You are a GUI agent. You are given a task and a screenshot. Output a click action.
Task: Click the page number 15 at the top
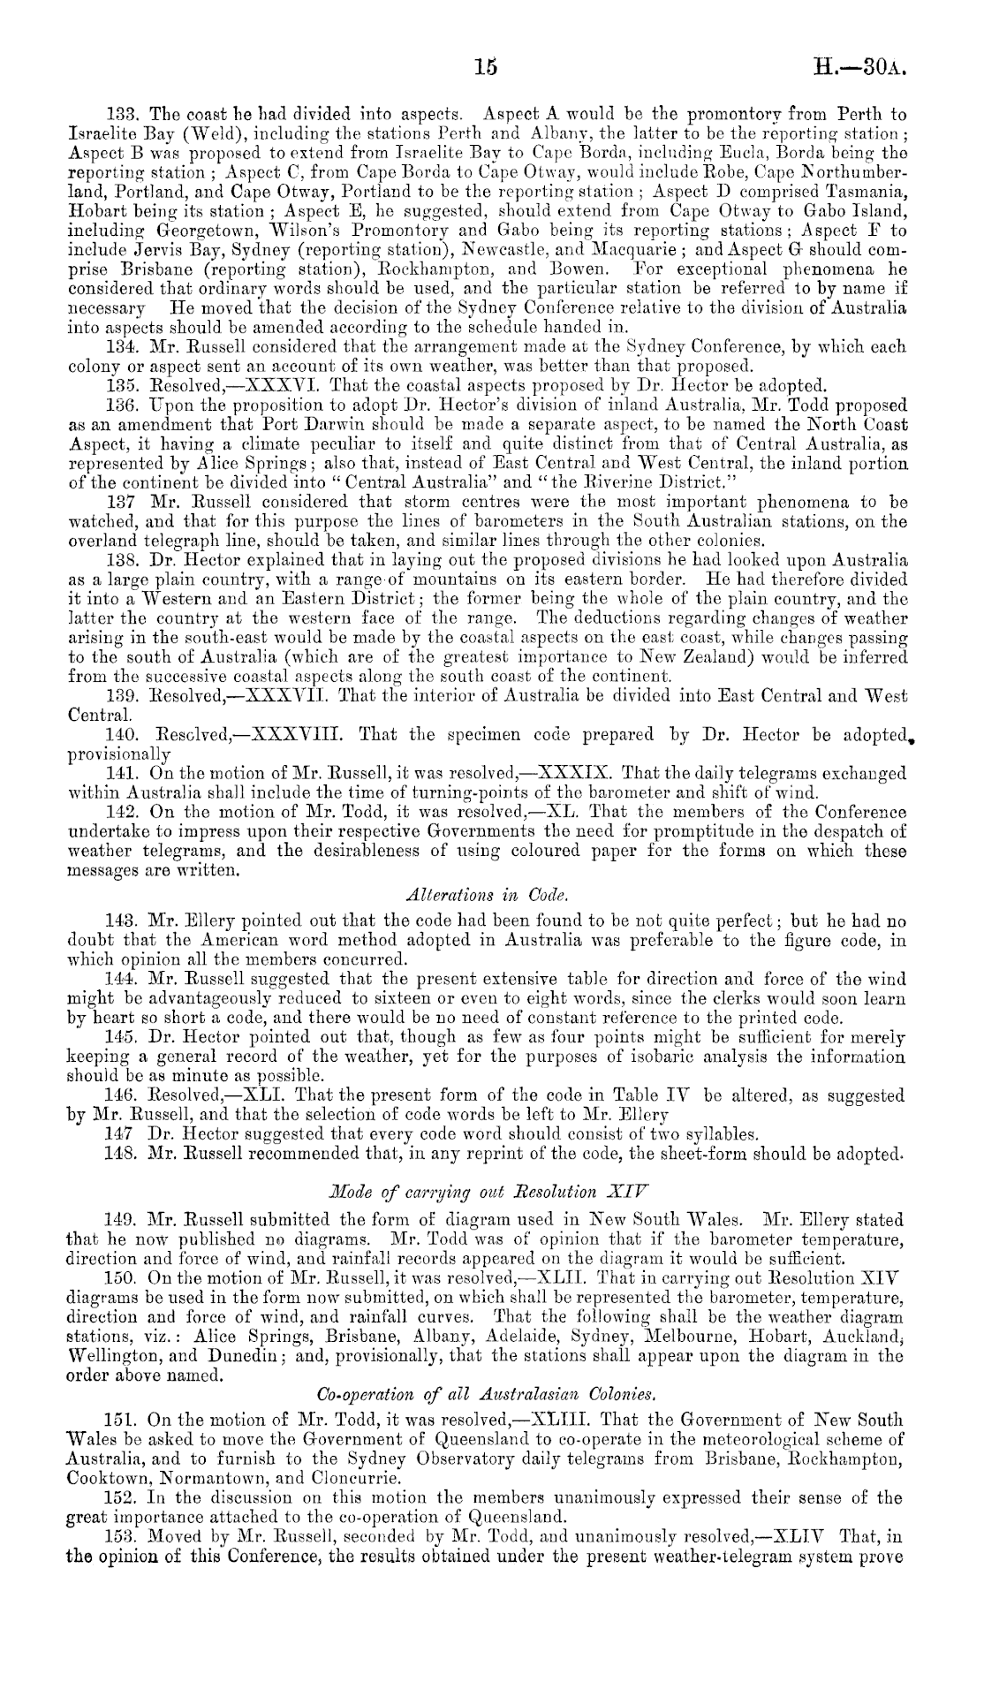click(x=485, y=66)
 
